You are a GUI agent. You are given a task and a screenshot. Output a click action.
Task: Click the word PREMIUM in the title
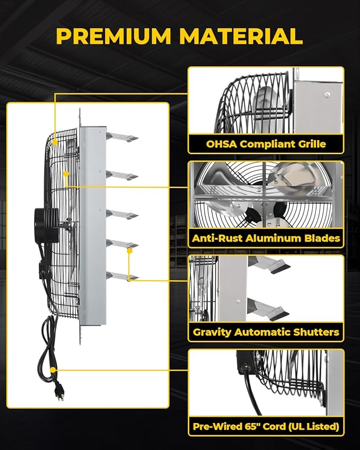pyautogui.click(x=113, y=36)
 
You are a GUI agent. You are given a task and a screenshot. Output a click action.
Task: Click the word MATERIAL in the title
pyautogui.click(x=241, y=36)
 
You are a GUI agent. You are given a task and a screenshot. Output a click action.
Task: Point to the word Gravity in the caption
pyautogui.click(x=212, y=332)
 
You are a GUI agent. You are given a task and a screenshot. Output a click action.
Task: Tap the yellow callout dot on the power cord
pyautogui.click(x=53, y=370)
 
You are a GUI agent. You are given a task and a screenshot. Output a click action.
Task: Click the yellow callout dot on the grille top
pyautogui.click(x=55, y=142)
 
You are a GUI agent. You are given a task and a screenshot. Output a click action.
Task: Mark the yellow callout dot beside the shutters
pyautogui.click(x=129, y=251)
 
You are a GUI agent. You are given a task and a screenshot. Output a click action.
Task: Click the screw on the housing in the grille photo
pyautogui.click(x=326, y=94)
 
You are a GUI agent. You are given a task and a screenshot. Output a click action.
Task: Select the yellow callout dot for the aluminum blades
pyautogui.click(x=66, y=174)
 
